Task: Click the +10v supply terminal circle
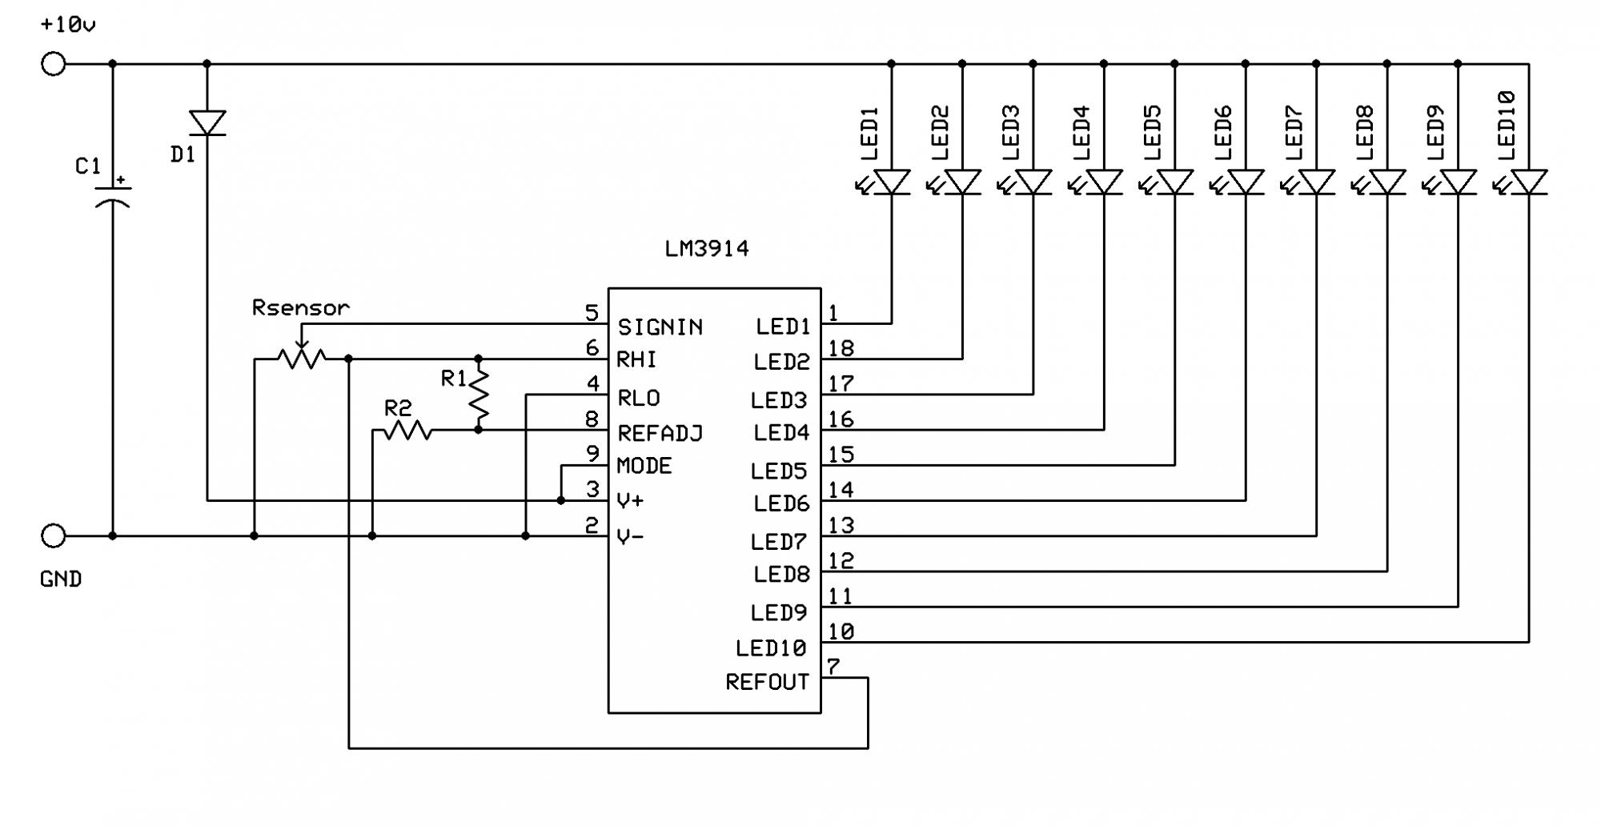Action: tap(53, 63)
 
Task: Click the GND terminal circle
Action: tap(53, 535)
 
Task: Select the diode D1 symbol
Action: tap(207, 123)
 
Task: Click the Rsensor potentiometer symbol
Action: tap(302, 357)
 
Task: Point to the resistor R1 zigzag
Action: tap(479, 394)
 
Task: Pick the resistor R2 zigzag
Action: tap(407, 431)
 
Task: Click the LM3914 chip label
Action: tap(707, 249)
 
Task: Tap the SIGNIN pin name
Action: tap(660, 327)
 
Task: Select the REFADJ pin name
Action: tap(660, 433)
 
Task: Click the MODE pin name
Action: tap(644, 466)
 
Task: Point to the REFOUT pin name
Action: tap(767, 682)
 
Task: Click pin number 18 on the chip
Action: tap(841, 348)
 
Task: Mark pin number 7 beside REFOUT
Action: tap(833, 666)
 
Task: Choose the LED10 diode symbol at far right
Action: tap(1528, 182)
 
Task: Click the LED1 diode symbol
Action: tap(891, 182)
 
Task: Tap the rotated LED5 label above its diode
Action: tap(1152, 133)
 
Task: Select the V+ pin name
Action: tap(631, 501)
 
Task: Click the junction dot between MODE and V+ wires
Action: tap(561, 500)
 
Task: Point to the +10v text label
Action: tap(68, 25)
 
